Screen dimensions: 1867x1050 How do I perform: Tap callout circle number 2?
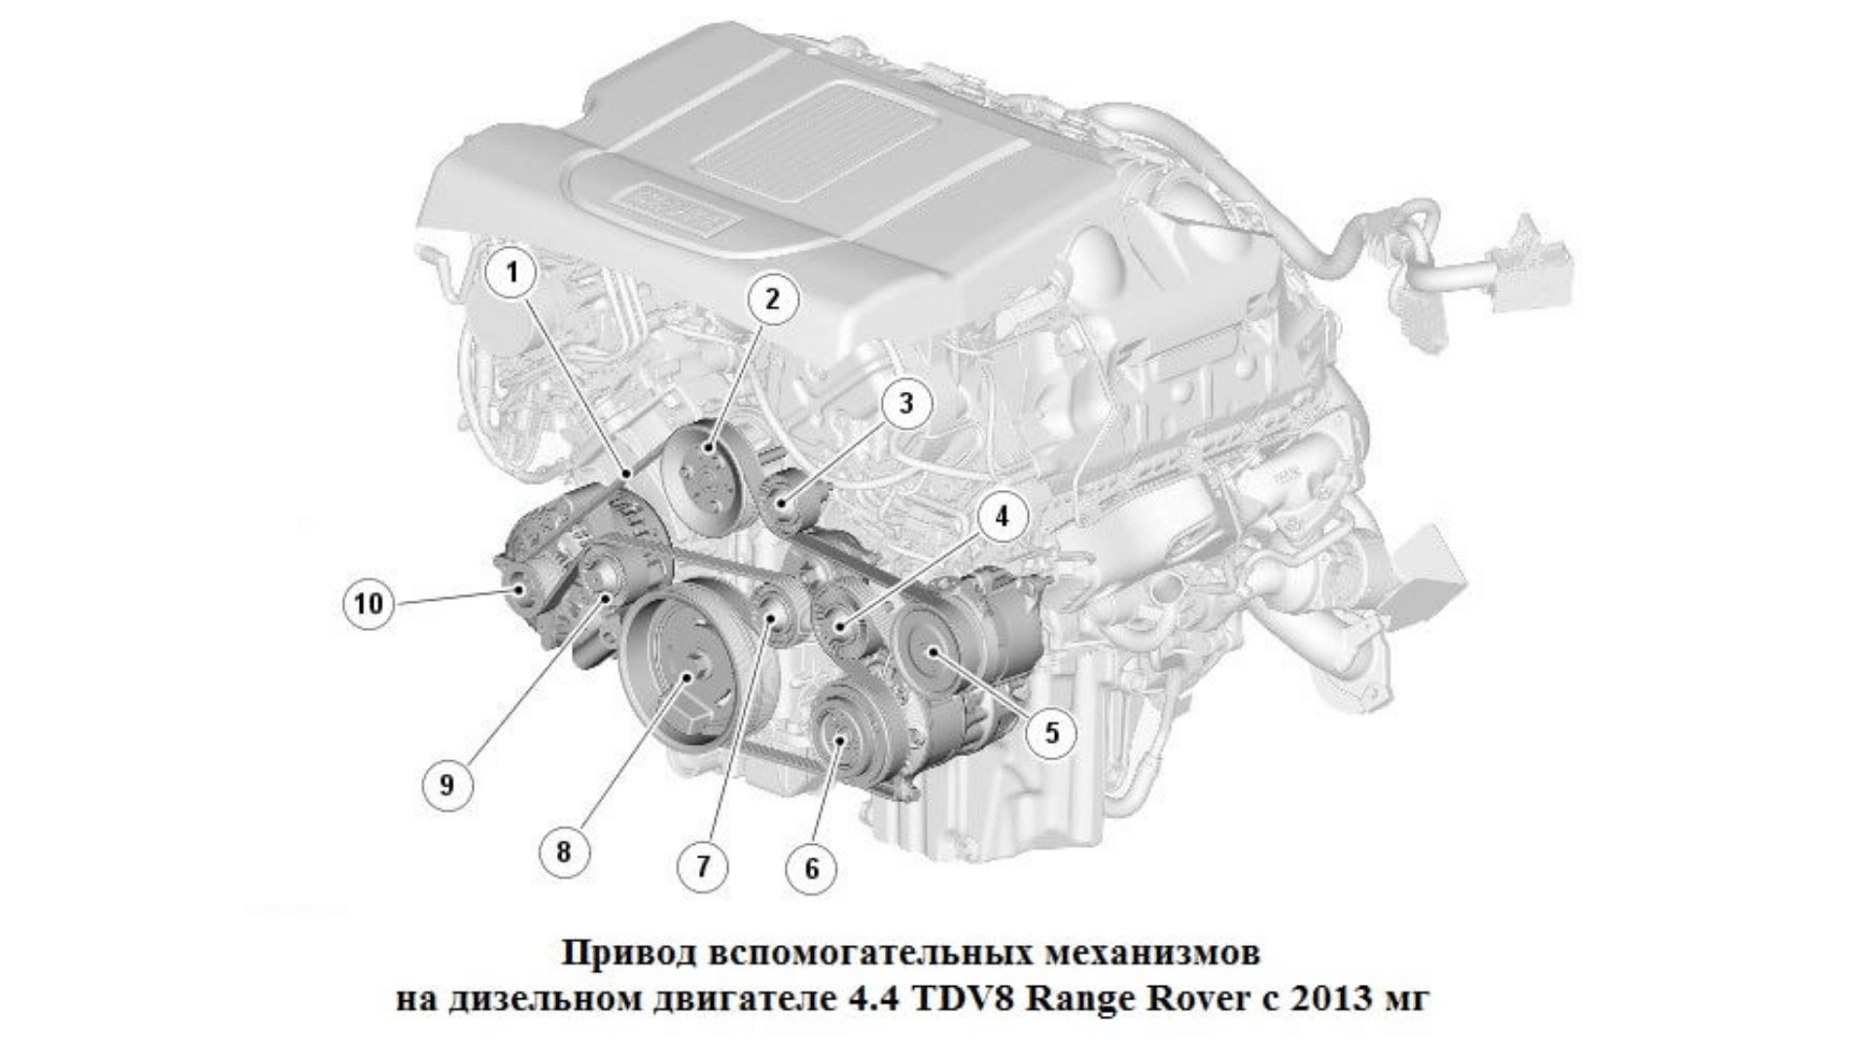tap(771, 299)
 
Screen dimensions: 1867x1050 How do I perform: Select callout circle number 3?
tap(905, 402)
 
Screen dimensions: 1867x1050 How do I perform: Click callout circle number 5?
tap(1052, 731)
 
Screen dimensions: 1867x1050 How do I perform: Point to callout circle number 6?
tap(812, 867)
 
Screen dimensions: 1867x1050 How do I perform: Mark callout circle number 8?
tap(564, 853)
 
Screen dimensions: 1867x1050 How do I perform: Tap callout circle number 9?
tap(446, 785)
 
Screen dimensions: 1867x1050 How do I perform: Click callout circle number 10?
tap(370, 604)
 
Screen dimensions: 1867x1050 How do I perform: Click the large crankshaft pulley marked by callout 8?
tap(686, 672)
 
